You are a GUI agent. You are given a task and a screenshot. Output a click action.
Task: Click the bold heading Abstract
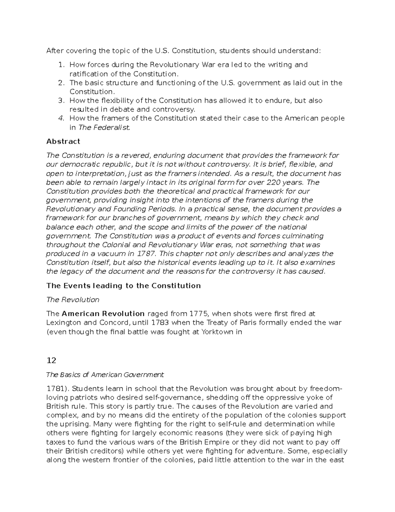(x=63, y=141)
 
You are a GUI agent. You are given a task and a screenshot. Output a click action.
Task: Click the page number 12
(x=51, y=360)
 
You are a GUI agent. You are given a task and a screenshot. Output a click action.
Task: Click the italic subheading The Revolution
(x=73, y=300)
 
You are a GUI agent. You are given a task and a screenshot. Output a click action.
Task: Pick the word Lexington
(x=63, y=322)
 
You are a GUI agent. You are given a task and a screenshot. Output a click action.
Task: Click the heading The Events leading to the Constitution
(x=123, y=286)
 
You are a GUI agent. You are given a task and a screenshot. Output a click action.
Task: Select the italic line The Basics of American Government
(x=105, y=375)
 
